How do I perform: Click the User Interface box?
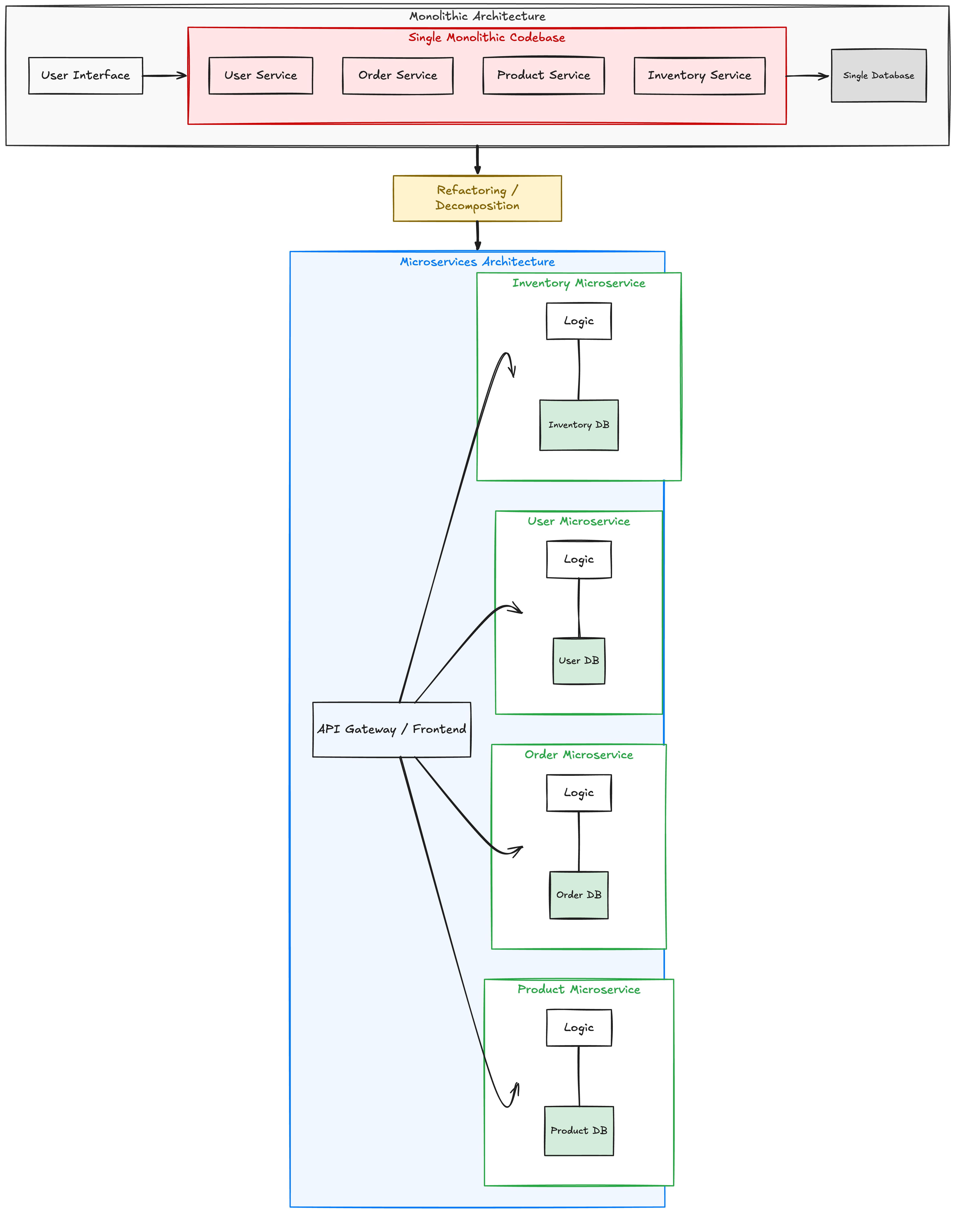(x=85, y=76)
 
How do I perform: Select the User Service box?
(x=261, y=76)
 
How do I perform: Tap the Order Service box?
(x=398, y=76)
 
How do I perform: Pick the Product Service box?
(x=543, y=76)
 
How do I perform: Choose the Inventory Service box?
(x=700, y=76)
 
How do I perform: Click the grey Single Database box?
(x=878, y=76)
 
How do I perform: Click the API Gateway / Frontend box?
(x=391, y=730)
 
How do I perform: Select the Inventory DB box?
(x=579, y=425)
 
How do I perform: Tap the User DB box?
(x=579, y=661)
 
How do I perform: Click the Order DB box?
(x=579, y=895)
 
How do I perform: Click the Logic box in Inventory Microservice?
(x=579, y=321)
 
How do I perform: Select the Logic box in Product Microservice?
(x=579, y=1027)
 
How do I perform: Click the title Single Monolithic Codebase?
(x=486, y=37)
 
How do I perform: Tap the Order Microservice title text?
(x=579, y=755)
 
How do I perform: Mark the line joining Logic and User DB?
(x=579, y=608)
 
